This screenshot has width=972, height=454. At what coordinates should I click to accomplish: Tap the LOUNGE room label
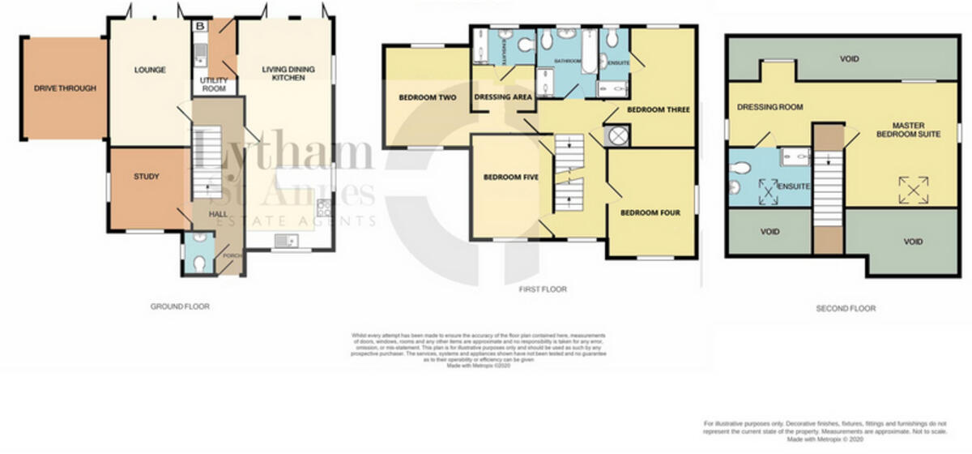pos(150,71)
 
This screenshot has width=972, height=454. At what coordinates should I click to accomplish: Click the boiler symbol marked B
pos(200,26)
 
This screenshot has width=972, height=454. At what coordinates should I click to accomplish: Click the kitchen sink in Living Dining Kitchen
pos(284,240)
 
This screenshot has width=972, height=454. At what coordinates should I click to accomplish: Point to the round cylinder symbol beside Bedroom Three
pos(620,135)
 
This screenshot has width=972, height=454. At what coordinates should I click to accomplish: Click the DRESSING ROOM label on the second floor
pos(769,107)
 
